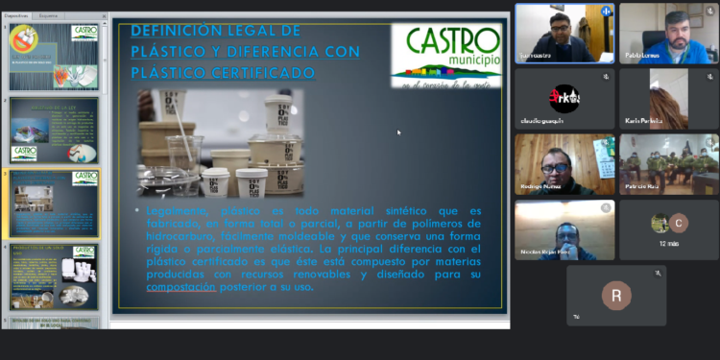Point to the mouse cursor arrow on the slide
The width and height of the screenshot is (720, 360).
pyautogui.click(x=398, y=132)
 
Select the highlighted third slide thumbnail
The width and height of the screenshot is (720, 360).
pyautogui.click(x=54, y=204)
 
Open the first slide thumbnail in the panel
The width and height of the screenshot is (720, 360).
pyautogui.click(x=54, y=57)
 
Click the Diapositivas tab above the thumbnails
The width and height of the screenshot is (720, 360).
pyautogui.click(x=17, y=16)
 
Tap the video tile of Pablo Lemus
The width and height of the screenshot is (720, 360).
pyautogui.click(x=668, y=34)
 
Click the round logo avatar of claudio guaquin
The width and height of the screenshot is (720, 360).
pyautogui.click(x=564, y=98)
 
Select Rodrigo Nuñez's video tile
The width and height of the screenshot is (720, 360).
pyautogui.click(x=564, y=164)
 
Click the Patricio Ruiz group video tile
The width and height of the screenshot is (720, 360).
pyautogui.click(x=668, y=164)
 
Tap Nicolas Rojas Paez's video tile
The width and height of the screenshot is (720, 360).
pyautogui.click(x=564, y=229)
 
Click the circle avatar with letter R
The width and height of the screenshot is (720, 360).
pyautogui.click(x=616, y=294)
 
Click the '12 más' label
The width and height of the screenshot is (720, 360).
pyautogui.click(x=668, y=245)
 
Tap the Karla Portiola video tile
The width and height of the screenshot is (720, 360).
pyautogui.click(x=668, y=99)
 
